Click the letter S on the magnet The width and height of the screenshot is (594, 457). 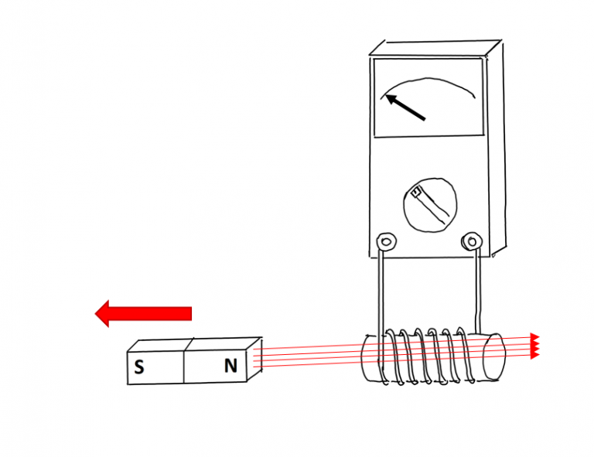point(139,367)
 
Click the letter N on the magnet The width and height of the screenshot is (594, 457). point(230,366)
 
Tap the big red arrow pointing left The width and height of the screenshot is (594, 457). point(143,313)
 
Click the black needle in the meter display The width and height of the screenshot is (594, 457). point(405,107)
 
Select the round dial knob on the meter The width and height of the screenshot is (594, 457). point(430,205)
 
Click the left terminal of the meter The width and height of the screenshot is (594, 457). point(387,241)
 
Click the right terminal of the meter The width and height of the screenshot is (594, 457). point(472,240)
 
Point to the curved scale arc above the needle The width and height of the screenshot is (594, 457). point(428,80)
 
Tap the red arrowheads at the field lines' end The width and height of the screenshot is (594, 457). point(534,346)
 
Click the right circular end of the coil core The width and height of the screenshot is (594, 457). point(494,356)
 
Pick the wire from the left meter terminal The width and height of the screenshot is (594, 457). point(381,299)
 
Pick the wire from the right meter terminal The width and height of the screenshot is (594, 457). point(478,292)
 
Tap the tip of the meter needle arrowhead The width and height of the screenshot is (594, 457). point(386,94)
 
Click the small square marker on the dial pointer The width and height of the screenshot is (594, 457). point(416,193)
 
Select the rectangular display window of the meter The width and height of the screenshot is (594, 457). point(428,97)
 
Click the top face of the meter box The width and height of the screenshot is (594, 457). point(435,48)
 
